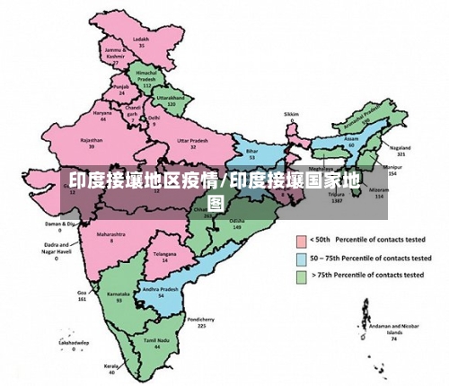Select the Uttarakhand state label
pos(170,96)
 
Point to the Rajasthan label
pos(91,140)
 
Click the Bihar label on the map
pos(251,150)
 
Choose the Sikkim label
pos(290,115)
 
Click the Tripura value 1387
pos(337,200)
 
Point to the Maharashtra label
pos(111,235)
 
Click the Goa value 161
pos(82,299)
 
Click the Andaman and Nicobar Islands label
pos(392,325)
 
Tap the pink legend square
pos(302,241)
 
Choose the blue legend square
pos(302,259)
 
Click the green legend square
pos(302,276)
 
